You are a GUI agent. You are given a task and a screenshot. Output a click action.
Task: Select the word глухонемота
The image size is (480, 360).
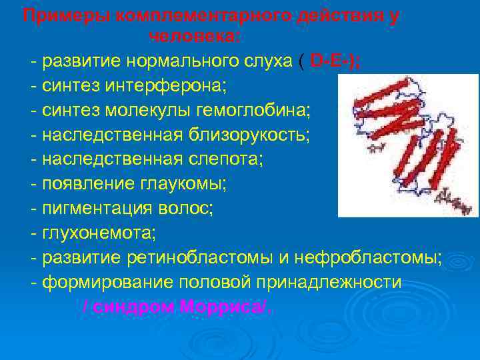click(98, 234)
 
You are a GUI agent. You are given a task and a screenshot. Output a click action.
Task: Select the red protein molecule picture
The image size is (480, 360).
click(409, 145)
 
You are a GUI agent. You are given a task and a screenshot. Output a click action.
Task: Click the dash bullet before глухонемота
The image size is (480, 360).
click(33, 234)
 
